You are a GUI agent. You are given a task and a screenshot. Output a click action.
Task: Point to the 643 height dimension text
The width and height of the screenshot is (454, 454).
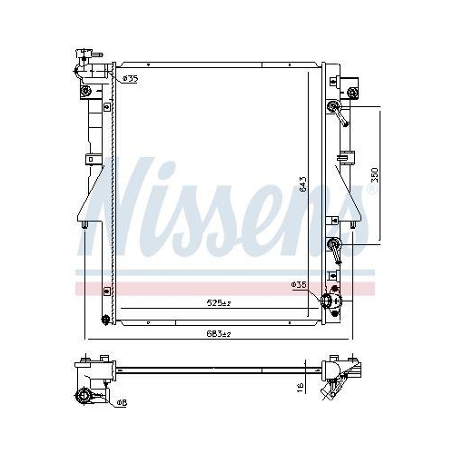302,187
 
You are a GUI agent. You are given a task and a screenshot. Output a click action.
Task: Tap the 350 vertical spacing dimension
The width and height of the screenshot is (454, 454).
374,175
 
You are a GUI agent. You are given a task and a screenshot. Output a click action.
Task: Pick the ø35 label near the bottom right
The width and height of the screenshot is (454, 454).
299,285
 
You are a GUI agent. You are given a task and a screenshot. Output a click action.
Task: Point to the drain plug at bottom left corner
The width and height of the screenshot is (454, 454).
105,319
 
